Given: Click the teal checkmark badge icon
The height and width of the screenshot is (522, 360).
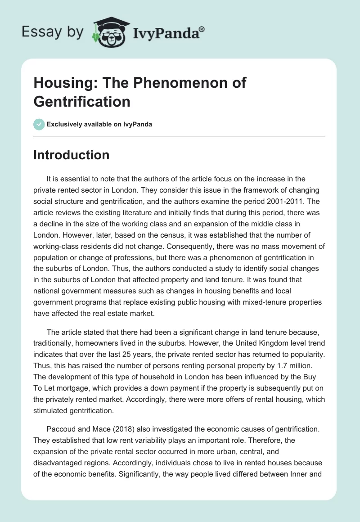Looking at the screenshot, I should tap(39, 124).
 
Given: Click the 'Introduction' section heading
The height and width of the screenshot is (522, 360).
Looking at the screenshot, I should tap(71, 155).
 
